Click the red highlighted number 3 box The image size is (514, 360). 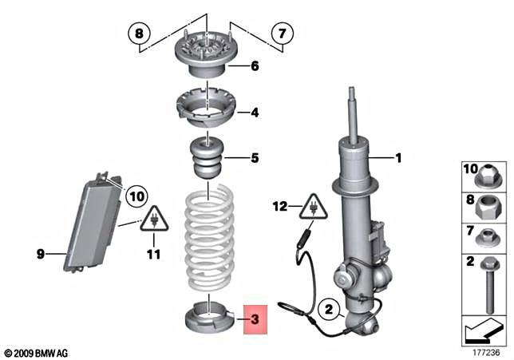tap(255, 319)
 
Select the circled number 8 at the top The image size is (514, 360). tap(140, 33)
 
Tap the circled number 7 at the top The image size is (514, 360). tap(283, 33)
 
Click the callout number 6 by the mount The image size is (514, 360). tap(255, 66)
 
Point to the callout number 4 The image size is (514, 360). tap(255, 113)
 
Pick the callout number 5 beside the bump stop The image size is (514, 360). tap(255, 158)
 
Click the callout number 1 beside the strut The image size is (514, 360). tap(398, 158)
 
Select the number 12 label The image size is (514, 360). tap(280, 207)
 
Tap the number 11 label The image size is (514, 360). tap(153, 255)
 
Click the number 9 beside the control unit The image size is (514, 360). tap(41, 254)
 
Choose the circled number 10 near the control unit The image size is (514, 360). tap(136, 196)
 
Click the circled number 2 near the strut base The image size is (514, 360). tap(329, 309)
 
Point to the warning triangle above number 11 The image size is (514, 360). tap(154, 220)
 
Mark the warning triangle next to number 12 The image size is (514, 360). tap(313, 208)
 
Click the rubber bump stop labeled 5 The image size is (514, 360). tap(206, 159)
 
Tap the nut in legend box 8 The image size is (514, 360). tap(488, 207)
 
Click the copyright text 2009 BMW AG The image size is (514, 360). tap(36, 354)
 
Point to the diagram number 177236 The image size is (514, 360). tap(486, 353)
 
